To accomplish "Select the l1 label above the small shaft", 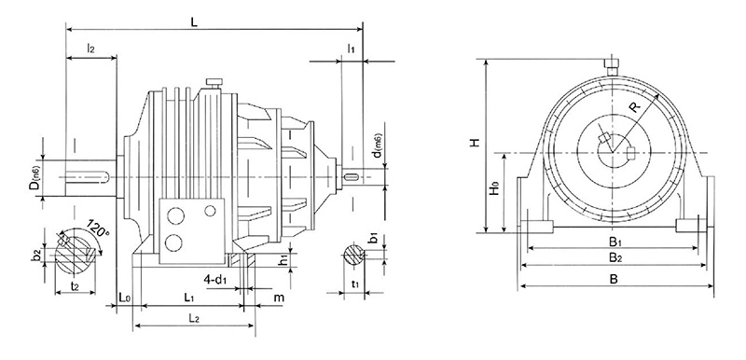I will point(350,47).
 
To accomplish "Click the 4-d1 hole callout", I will point(216,278).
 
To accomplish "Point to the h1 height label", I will point(283,260).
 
